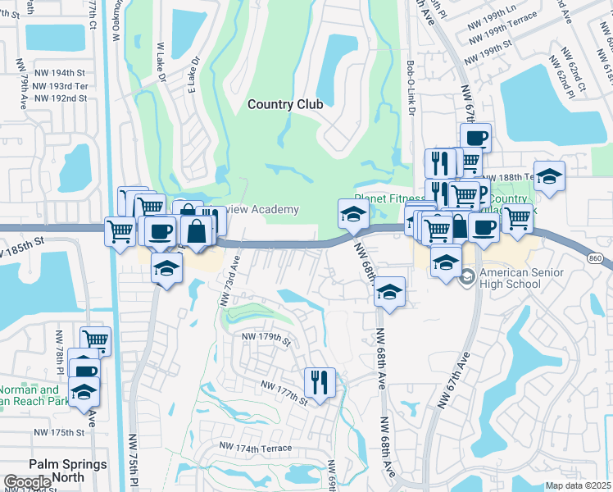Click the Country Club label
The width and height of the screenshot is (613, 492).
pyautogui.click(x=285, y=104)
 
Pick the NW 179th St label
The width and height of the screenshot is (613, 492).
pyautogui.click(x=266, y=336)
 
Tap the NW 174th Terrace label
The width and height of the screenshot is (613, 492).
pyautogui.click(x=254, y=448)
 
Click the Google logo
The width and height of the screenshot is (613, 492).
pyautogui.click(x=28, y=482)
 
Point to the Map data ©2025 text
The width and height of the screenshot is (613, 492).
pyautogui.click(x=578, y=485)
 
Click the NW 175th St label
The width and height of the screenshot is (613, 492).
pyautogui.click(x=59, y=432)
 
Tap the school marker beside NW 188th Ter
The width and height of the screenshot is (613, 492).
pyautogui.click(x=549, y=175)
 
